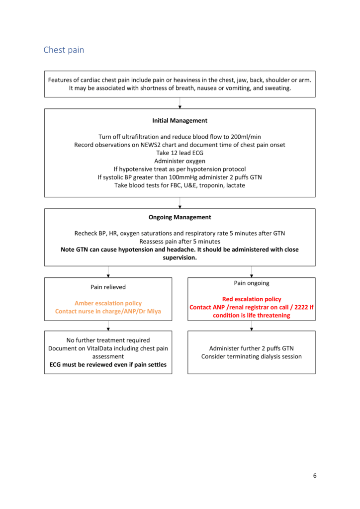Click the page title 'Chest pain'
tap(64, 50)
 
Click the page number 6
tap(314, 475)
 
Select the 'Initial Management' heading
tap(180, 120)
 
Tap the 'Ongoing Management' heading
tap(180, 217)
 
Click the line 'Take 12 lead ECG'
tap(180, 153)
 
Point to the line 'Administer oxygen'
tap(180, 161)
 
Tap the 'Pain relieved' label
tap(108, 287)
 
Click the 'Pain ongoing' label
tap(251, 283)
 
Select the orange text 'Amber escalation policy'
tap(108, 303)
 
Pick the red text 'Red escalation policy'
tap(251, 299)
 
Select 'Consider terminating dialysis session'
tap(251, 356)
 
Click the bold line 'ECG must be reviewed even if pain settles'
tap(108, 364)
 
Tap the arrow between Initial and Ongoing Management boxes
tap(180, 203)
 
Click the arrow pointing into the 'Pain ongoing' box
tap(251, 272)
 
